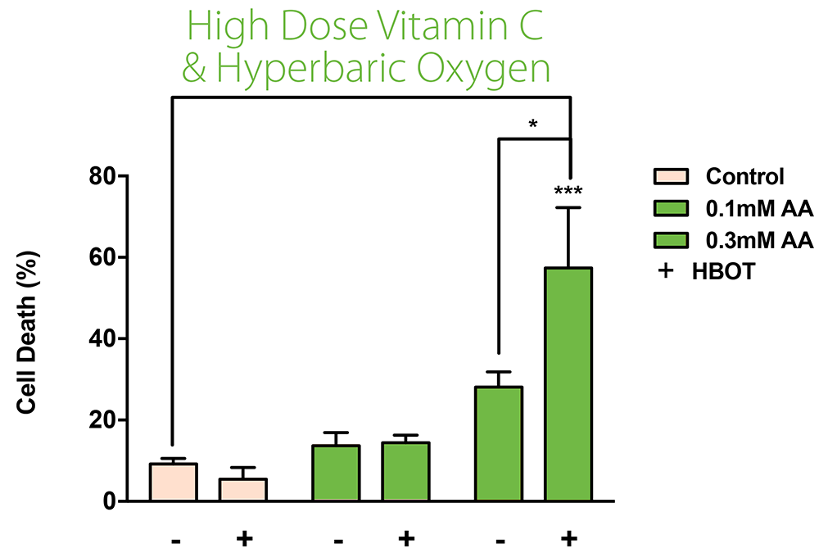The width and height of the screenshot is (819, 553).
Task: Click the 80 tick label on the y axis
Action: [104, 176]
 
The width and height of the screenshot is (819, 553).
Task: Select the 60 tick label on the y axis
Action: [104, 257]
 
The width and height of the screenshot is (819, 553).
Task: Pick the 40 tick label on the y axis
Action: [104, 338]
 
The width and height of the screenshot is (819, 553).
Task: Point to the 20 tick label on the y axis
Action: [104, 420]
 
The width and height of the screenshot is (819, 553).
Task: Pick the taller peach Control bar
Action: [173, 483]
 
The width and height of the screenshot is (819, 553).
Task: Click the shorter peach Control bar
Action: [242, 490]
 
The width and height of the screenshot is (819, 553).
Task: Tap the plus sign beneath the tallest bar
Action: [568, 539]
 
